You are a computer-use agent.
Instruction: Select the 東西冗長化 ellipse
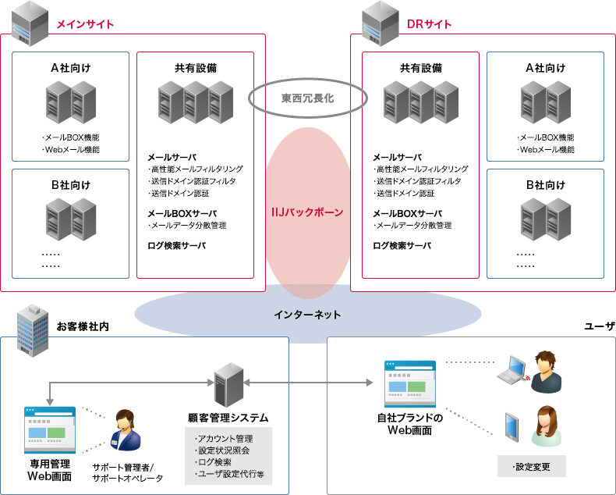[x=307, y=98]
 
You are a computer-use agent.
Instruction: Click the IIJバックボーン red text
[x=307, y=212]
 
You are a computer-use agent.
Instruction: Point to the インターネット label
[x=307, y=315]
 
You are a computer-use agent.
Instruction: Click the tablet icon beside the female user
[x=512, y=426]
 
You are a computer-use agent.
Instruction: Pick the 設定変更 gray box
[x=532, y=467]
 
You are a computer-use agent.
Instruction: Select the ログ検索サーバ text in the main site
[x=177, y=245]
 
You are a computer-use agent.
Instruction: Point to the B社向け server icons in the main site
[x=70, y=219]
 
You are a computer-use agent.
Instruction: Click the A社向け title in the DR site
[x=545, y=68]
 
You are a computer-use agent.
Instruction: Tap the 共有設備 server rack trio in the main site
[x=195, y=102]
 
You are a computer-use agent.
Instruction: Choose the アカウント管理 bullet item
[x=225, y=439]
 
